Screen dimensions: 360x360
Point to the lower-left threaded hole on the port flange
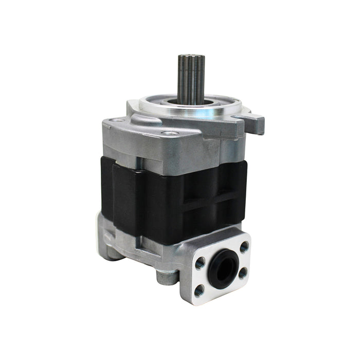200,289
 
